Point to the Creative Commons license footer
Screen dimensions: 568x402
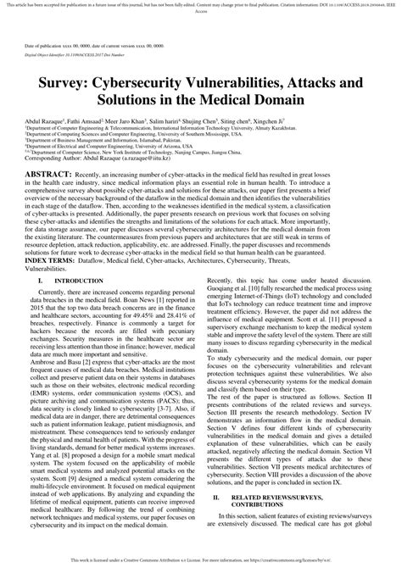click(200, 560)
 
